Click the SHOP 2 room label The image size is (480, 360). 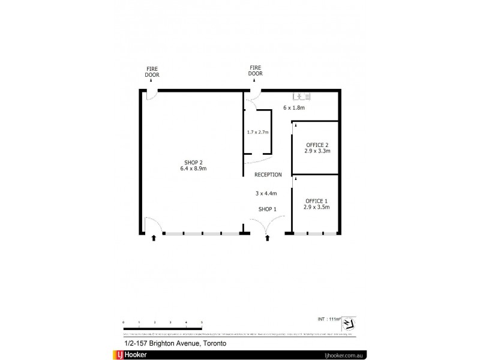(193, 162)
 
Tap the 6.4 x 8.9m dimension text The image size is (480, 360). (193, 169)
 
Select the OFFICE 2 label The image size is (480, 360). (317, 145)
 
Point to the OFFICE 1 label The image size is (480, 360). (317, 200)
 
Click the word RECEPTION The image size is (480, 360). (268, 175)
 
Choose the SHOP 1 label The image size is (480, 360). (267, 209)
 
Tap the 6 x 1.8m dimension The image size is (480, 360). (294, 108)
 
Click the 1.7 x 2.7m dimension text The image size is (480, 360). (258, 132)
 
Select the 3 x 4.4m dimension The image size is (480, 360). (267, 193)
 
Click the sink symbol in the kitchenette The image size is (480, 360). (300, 95)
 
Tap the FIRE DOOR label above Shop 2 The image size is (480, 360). (152, 72)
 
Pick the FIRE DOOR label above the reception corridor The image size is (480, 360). (256, 71)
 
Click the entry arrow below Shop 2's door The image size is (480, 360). (154, 238)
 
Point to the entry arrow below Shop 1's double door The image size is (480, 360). (268, 238)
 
